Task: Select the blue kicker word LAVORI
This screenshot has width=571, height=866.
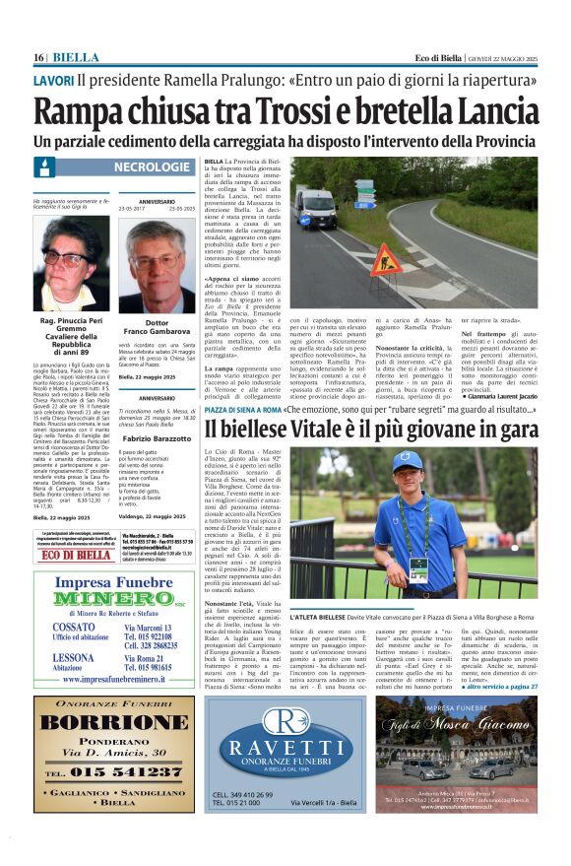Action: [x=52, y=80]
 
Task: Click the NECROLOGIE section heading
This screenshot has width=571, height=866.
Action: [x=153, y=167]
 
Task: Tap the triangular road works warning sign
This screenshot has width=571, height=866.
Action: [x=384, y=260]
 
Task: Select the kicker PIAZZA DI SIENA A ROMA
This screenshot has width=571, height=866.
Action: [x=243, y=408]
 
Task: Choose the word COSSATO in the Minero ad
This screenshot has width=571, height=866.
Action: [x=75, y=627]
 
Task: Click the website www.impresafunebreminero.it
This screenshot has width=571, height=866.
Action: [x=112, y=680]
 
